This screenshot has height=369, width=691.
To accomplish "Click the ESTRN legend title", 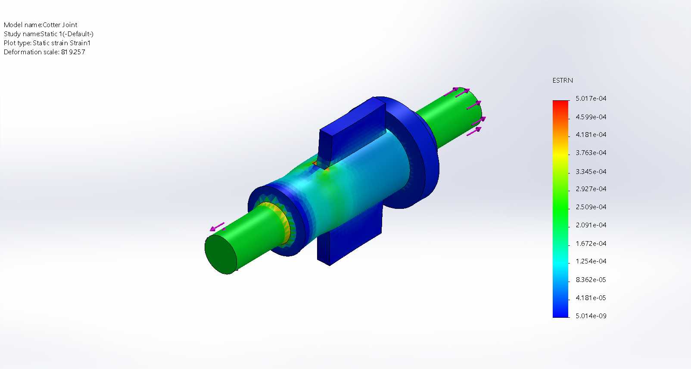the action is [x=562, y=81].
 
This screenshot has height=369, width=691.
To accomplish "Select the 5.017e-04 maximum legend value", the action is [x=591, y=98].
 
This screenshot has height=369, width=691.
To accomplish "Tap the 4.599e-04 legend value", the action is [x=591, y=117].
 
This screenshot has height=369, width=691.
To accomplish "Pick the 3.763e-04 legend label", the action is [x=591, y=152].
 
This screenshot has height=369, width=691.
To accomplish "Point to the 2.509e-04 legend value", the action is [x=591, y=207].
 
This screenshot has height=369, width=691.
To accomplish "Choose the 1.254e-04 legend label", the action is [x=591, y=261].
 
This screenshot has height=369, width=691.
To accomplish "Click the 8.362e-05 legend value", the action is [x=591, y=279].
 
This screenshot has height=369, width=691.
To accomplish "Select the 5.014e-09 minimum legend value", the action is [x=591, y=316].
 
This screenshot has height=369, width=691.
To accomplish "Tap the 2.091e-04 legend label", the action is [x=591, y=225].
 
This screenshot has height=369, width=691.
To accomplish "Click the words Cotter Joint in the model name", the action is [x=60, y=25].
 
